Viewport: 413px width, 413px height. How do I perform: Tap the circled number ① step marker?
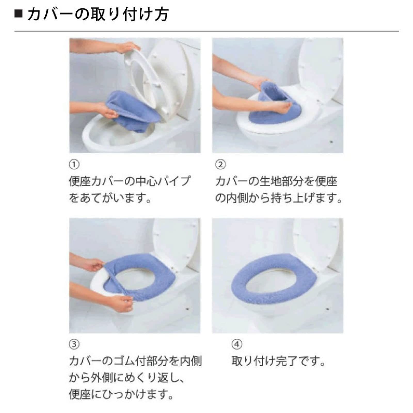(74, 164)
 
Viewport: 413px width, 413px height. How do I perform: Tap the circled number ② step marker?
(220, 164)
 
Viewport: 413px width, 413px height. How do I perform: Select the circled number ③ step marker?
(74, 344)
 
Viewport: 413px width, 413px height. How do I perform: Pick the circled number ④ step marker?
(237, 344)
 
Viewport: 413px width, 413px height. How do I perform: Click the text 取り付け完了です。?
(278, 361)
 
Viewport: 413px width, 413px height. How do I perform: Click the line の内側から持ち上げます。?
(279, 198)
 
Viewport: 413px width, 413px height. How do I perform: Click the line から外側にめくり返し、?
(126, 378)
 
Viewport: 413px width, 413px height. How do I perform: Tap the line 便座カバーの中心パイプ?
(129, 181)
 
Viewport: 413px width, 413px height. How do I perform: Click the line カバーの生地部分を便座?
(276, 181)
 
